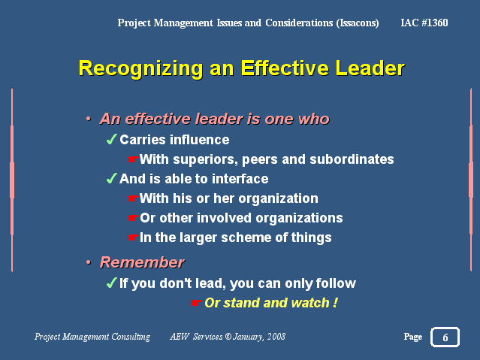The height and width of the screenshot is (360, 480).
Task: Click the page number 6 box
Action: pyautogui.click(x=445, y=337)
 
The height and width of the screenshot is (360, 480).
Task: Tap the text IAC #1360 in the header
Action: pyautogui.click(x=424, y=23)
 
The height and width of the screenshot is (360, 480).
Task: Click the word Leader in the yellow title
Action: pyautogui.click(x=370, y=68)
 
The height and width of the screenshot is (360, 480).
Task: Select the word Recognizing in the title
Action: pyautogui.click(x=140, y=69)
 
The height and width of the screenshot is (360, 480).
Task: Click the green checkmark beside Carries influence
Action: pyautogui.click(x=111, y=139)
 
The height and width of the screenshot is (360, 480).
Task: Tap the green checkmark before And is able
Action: pyautogui.click(x=111, y=178)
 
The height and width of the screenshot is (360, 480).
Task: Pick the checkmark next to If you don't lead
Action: pyautogui.click(x=111, y=283)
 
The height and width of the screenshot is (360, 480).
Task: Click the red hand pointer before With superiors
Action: pyautogui.click(x=132, y=159)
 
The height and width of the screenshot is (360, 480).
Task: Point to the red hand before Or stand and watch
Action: pyautogui.click(x=195, y=303)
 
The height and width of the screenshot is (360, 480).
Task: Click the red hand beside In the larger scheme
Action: pyautogui.click(x=132, y=237)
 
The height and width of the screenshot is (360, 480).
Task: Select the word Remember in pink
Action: pyautogui.click(x=142, y=262)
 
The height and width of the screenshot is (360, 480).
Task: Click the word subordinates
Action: pyautogui.click(x=352, y=159)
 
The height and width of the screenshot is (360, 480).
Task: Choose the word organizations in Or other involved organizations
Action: pyautogui.click(x=299, y=219)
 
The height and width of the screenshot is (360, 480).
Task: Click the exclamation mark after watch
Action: pyautogui.click(x=335, y=303)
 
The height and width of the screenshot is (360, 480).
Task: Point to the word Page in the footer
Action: pyautogui.click(x=413, y=337)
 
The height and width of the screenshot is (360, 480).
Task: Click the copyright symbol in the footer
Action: pyautogui.click(x=228, y=337)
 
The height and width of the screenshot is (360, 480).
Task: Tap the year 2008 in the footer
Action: pyautogui.click(x=276, y=337)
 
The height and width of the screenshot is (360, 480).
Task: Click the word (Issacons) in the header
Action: pyautogui.click(x=358, y=23)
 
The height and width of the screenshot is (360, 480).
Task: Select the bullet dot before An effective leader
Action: pyautogui.click(x=89, y=119)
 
